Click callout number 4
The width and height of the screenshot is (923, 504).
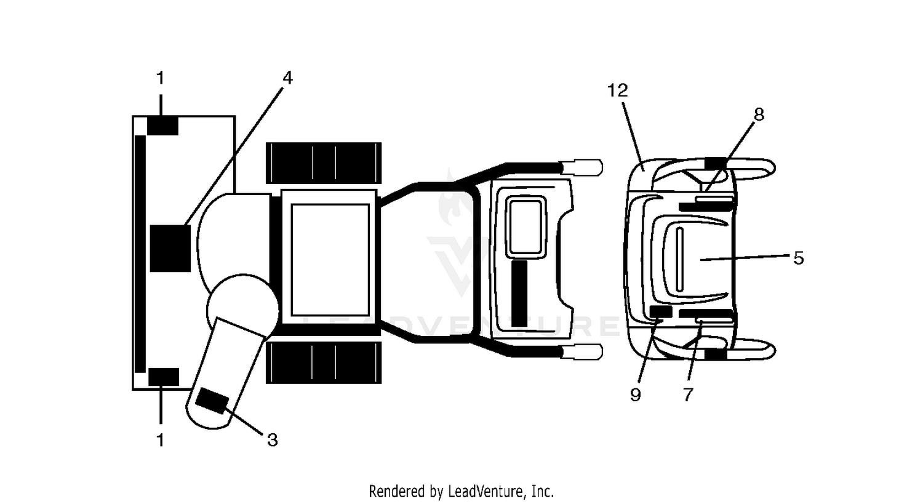coord(287,78)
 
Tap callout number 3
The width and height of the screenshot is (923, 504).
coord(273,440)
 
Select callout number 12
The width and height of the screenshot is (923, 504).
coord(618,90)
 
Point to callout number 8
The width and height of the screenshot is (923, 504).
coord(759,114)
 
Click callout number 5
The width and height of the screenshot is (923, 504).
coord(799,258)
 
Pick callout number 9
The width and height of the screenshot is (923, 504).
coord(636,395)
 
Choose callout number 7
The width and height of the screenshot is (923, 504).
coord(688,395)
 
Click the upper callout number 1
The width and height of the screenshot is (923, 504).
coord(161,78)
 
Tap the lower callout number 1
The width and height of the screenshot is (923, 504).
coord(161,440)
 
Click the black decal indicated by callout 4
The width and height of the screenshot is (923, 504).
coord(170,248)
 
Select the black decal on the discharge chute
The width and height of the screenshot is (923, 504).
coord(212,401)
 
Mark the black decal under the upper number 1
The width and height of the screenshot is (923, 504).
coord(163,126)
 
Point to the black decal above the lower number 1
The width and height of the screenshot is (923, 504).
coord(164,377)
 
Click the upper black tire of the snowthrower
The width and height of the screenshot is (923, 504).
coord(324,163)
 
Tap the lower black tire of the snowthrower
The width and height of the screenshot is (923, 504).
coord(324,362)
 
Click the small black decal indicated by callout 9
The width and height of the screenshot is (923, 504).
coord(661,312)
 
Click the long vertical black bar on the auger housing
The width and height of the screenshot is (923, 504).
coord(140,254)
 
